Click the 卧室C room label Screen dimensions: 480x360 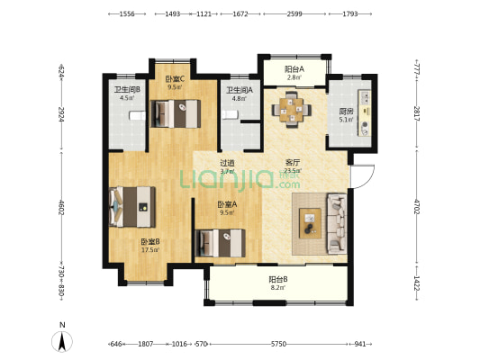click(175, 79)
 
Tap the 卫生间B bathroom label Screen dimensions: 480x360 click(127, 90)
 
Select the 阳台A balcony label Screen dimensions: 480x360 click(294, 69)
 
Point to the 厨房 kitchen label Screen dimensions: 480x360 click(346, 112)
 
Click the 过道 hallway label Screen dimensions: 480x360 click(228, 163)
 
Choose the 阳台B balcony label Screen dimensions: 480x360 click(278, 279)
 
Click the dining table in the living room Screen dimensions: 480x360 click(292, 110)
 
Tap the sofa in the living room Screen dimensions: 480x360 click(338, 223)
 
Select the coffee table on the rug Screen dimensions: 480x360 click(310, 223)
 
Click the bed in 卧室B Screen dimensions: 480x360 click(132, 207)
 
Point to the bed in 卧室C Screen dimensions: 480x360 click(176, 113)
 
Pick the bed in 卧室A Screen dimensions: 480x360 click(220, 243)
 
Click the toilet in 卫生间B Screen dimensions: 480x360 click(137, 115)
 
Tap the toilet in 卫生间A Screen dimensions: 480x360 click(230, 114)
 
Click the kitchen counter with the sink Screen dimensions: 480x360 click(365, 113)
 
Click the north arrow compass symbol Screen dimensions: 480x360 click(62, 341)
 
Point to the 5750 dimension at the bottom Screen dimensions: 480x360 click(278, 344)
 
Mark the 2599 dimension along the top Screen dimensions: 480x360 click(294, 13)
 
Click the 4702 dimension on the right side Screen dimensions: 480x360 click(416, 206)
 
